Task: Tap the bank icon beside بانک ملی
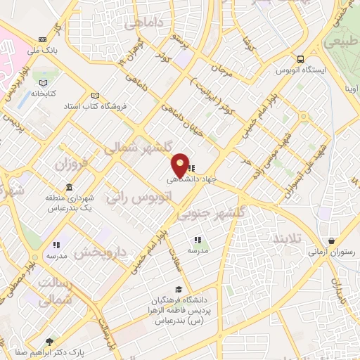click(x=44, y=39)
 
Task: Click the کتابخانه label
click(x=42, y=93)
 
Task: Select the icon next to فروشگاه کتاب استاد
click(x=95, y=96)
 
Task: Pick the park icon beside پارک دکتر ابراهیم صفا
click(x=49, y=342)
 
